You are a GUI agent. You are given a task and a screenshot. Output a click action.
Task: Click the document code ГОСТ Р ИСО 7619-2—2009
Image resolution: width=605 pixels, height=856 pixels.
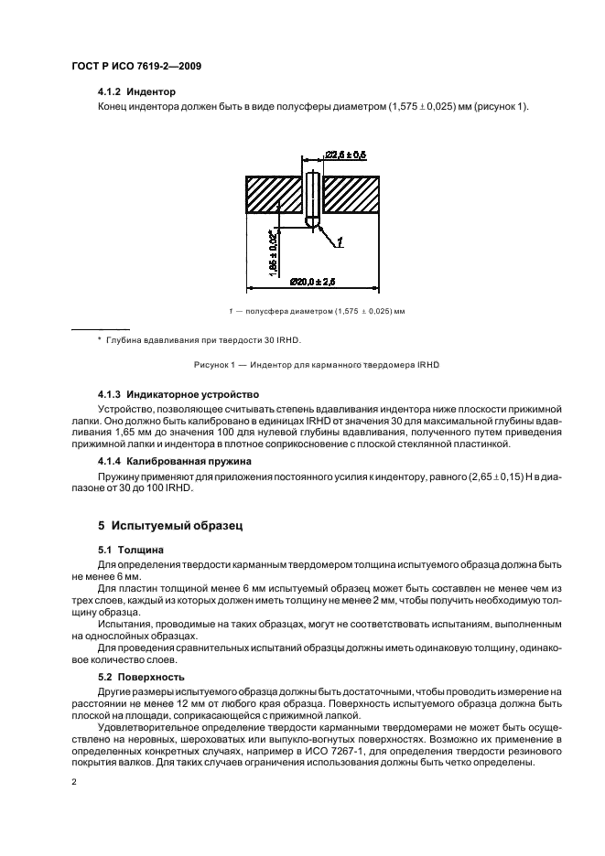click(135, 66)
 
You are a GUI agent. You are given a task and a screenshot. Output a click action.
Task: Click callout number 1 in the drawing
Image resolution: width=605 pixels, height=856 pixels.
click(340, 242)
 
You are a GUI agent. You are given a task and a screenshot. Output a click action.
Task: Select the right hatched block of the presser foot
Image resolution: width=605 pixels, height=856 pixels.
click(351, 195)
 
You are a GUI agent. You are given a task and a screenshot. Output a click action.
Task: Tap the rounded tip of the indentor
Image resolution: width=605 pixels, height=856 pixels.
click(313, 222)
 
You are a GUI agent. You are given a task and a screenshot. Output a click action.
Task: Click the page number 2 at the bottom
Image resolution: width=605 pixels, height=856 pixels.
click(74, 784)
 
